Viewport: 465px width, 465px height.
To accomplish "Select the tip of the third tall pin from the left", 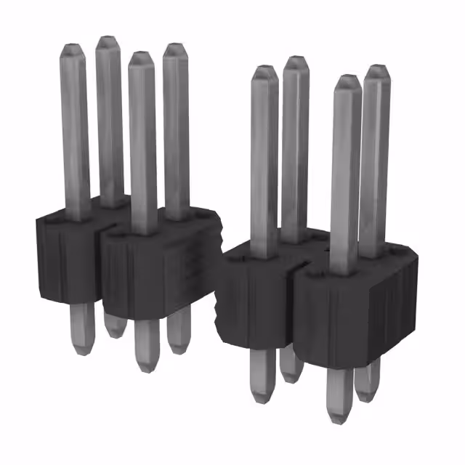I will tap(140, 55).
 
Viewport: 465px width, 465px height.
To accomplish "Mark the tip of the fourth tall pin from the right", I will tap(264, 70).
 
